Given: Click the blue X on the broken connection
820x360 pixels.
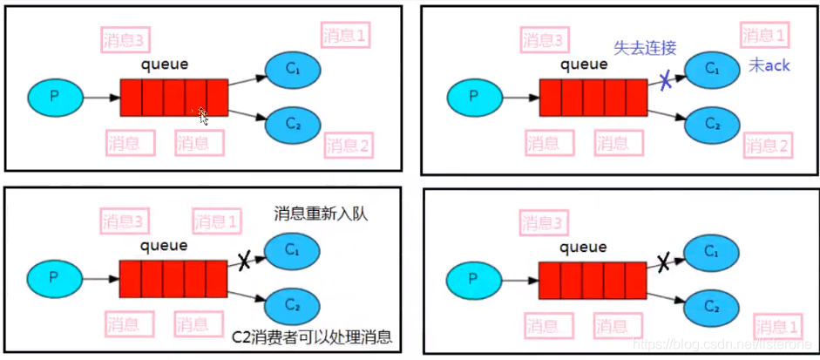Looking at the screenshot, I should point(664,80).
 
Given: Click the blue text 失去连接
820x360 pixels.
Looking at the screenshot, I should point(645,48).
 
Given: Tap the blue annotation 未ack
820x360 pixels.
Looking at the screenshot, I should point(769,66).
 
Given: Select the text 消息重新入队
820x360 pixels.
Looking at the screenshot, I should point(321,214).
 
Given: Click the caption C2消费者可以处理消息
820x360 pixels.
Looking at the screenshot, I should point(313,337).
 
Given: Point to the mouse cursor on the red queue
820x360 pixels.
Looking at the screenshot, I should point(202,115).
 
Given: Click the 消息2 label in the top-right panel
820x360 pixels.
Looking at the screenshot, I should point(768,146).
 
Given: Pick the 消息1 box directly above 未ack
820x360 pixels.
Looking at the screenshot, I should point(764,36).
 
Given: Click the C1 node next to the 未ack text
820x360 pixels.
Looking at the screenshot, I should point(712,66).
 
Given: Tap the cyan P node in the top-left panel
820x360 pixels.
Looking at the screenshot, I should point(54,96).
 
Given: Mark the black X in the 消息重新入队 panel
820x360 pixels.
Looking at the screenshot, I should point(246,259).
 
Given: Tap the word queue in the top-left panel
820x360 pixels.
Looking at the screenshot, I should point(165,64).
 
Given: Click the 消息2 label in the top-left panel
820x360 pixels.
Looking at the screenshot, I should point(348,145).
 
